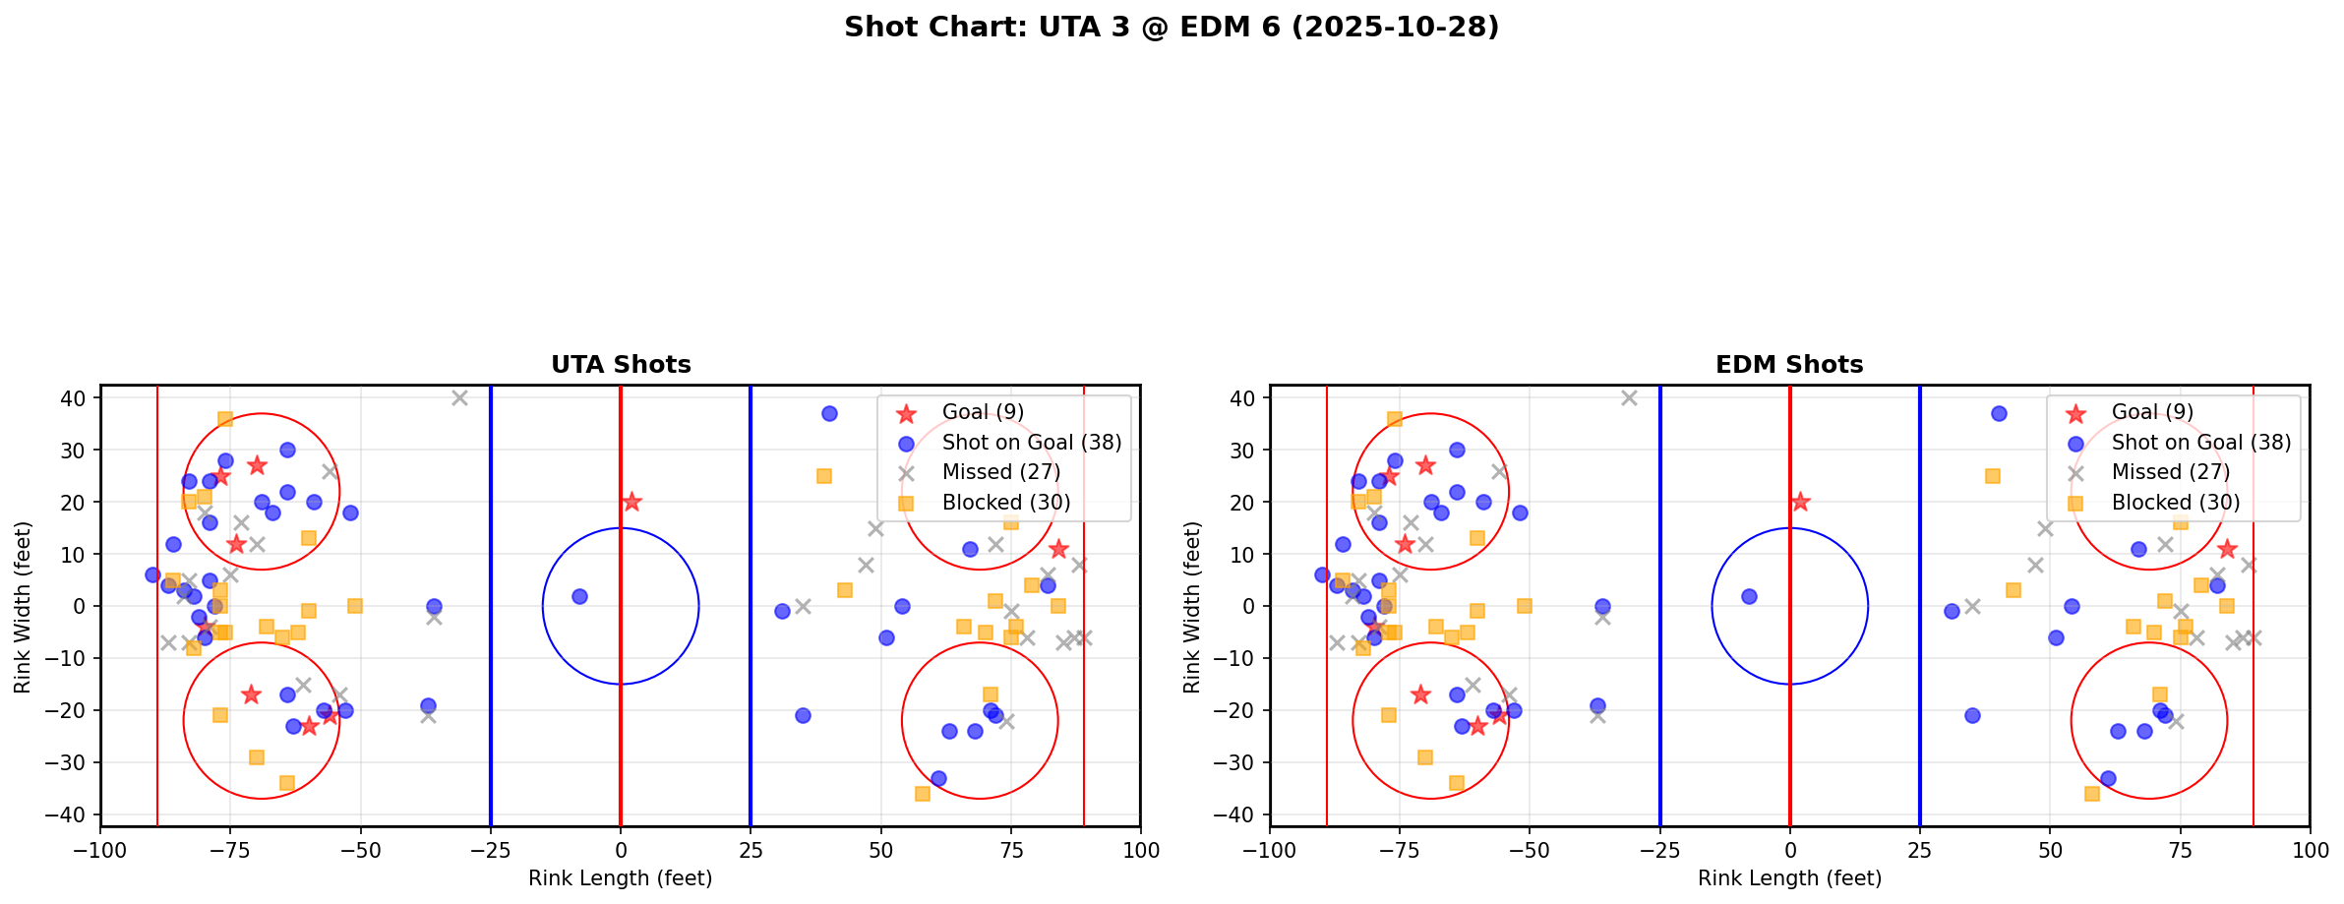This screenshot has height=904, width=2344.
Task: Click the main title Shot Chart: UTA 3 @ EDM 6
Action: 1171,28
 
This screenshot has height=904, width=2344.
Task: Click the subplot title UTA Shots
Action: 621,365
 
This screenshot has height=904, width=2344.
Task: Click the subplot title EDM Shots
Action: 1789,365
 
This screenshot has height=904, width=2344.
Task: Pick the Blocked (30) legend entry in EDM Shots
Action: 2176,503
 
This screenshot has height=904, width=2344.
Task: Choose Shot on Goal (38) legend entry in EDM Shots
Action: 2201,443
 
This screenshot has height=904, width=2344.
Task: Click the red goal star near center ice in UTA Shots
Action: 631,502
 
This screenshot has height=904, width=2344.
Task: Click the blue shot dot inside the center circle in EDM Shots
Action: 1749,596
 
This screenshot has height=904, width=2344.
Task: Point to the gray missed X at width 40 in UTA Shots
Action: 459,397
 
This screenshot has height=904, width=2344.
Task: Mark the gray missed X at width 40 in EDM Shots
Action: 1629,397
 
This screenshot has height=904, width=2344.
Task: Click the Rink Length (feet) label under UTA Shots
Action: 620,878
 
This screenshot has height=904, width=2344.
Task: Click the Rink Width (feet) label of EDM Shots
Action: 1192,607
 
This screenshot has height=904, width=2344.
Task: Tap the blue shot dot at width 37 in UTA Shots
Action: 829,413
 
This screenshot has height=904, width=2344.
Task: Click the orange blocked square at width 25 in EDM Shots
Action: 1993,476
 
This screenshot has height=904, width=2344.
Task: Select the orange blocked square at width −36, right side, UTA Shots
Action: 923,794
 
